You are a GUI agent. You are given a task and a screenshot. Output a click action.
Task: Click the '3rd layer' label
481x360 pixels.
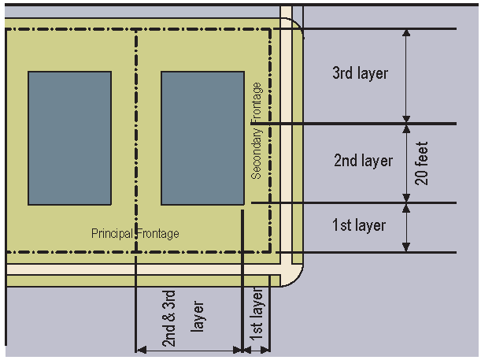coord(361,74)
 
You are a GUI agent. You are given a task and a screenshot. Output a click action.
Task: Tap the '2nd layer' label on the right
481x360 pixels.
coord(363,161)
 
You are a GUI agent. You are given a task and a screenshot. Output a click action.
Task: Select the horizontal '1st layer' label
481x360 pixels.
coord(359,226)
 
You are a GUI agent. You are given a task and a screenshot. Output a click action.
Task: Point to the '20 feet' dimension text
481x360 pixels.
coord(423,163)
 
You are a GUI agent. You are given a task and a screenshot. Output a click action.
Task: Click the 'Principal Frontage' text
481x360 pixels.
coord(135,234)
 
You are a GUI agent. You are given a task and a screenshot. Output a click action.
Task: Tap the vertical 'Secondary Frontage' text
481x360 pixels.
coord(257,131)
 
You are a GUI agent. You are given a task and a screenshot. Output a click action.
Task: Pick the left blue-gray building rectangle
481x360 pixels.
coord(69,138)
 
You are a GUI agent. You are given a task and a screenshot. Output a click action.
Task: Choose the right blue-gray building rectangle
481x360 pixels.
coord(202,138)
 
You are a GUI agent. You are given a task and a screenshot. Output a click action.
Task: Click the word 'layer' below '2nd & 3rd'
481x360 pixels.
coord(198,319)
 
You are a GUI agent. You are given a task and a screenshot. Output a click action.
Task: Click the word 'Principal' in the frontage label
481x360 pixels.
coord(113,234)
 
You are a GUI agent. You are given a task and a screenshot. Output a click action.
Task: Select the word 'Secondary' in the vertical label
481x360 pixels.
coord(257,153)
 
